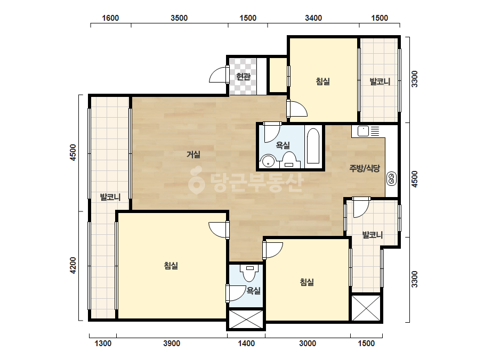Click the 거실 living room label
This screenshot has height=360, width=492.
pos(193,154)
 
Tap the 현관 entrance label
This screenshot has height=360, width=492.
pos(243,77)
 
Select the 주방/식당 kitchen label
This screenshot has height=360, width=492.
pos(365,168)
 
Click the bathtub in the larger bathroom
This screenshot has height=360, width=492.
pos(313,146)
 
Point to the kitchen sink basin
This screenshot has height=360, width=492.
pos(363,131)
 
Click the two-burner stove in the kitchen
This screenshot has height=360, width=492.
pos(391,178)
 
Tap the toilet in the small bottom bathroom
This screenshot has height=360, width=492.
pos(250,273)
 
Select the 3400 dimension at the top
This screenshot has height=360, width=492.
pos(313,18)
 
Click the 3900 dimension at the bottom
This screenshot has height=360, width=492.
pos(172,343)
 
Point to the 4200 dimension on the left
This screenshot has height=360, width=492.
pos(73,265)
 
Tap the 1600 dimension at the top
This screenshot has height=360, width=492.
pos(110,18)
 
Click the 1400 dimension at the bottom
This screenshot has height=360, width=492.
pos(246,343)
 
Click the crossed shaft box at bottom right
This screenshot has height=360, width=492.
pos(366,308)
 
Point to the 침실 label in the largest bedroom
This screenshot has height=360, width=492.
pos(171,266)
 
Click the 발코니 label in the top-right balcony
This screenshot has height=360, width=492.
pos(380,81)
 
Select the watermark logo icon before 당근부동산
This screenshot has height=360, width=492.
pos(196,181)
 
